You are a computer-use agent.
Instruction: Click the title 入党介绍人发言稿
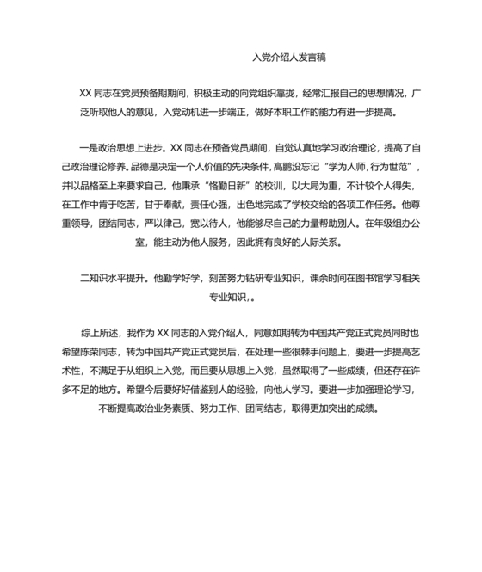288,58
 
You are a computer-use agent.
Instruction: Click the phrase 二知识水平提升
112,278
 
